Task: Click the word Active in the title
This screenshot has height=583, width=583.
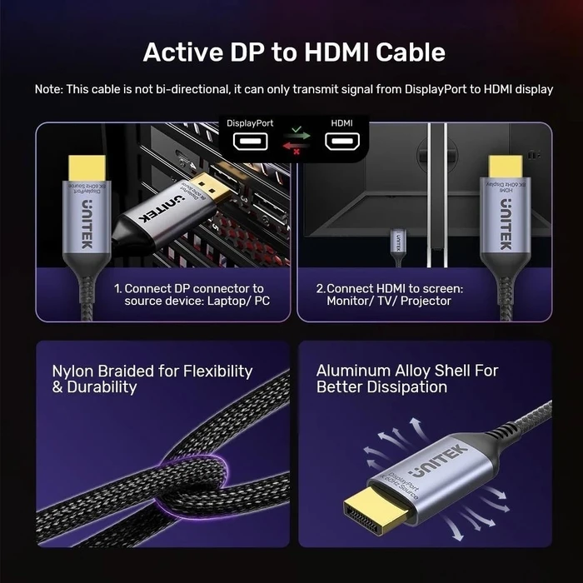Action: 182,52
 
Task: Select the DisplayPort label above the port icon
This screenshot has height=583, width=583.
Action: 249,123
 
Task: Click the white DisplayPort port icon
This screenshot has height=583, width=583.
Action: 249,143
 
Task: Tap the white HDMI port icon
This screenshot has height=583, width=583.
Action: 341,143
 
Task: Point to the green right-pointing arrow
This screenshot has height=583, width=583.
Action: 296,134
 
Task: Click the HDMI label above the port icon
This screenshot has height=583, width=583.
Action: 341,123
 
